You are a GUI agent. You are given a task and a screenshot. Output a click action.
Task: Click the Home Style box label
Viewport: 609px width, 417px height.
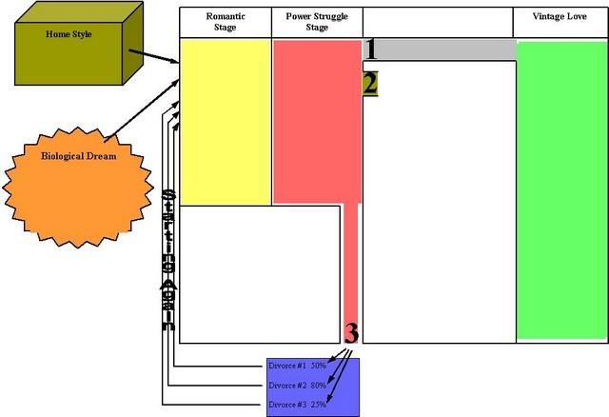click(x=69, y=35)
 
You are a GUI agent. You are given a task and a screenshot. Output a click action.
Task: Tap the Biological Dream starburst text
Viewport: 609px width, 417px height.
click(x=78, y=156)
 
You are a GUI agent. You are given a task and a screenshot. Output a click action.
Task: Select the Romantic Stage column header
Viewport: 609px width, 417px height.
click(x=225, y=23)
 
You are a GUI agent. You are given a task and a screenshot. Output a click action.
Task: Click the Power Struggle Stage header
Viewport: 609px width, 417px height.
click(x=317, y=23)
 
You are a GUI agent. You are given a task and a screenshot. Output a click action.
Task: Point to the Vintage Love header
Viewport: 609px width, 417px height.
click(x=560, y=17)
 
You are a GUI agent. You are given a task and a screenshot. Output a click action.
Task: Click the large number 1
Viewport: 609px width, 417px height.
click(x=371, y=50)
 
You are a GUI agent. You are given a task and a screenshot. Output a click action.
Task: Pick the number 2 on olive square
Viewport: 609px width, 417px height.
click(x=370, y=84)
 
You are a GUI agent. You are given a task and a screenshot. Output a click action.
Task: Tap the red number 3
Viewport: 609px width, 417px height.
click(x=351, y=333)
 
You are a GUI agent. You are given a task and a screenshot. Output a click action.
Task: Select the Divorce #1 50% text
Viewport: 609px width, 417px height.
click(x=297, y=366)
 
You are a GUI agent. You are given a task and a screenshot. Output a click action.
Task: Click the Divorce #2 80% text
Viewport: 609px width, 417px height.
click(x=297, y=386)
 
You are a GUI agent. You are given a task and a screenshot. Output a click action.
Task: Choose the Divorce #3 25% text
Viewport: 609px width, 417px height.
click(x=297, y=405)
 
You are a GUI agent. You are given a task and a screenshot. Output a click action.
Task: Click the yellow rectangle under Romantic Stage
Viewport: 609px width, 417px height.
click(x=226, y=122)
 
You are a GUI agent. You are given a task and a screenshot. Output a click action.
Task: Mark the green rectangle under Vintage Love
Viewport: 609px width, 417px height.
click(x=560, y=190)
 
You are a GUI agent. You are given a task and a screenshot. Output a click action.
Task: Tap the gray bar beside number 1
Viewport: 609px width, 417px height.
click(x=447, y=50)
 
